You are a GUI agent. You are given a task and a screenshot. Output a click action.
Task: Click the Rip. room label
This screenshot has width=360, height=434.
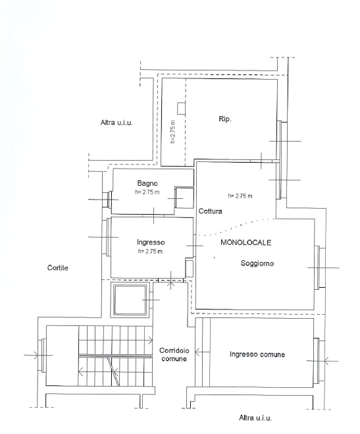click(x=225, y=119)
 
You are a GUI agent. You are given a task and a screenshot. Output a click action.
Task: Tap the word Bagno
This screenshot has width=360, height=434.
click(x=147, y=183)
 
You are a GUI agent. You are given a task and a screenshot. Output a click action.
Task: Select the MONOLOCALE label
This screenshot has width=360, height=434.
click(x=245, y=242)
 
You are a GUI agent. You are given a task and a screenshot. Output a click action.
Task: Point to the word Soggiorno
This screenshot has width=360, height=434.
click(x=257, y=263)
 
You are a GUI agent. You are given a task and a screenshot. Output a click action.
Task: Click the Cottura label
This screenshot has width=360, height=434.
click(x=210, y=211)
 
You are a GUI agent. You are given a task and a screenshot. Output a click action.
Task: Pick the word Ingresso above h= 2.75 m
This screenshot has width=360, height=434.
click(x=151, y=242)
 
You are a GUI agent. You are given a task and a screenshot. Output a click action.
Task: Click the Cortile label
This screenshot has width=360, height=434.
click(x=57, y=268)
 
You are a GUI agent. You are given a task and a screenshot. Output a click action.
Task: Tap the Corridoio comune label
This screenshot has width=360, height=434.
click(x=174, y=354)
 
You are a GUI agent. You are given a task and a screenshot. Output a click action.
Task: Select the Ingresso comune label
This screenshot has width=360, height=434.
click(x=257, y=354)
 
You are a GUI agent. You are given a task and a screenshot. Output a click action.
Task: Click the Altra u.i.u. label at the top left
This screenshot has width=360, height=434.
click(x=116, y=122)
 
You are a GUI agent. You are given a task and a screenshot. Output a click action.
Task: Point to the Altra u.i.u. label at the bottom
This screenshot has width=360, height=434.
click(x=255, y=418)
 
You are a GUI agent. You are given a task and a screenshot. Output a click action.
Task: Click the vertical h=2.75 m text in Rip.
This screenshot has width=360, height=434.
click(x=173, y=132)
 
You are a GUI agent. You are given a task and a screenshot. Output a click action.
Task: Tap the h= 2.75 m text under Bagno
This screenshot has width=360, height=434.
click(x=147, y=192)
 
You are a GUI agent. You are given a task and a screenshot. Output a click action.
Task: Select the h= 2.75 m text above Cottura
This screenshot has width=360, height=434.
click(x=240, y=196)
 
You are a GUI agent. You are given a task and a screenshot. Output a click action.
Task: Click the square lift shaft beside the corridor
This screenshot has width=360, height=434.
click(x=130, y=300)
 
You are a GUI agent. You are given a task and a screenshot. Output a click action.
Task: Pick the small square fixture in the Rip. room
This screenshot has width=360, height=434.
click(x=181, y=108)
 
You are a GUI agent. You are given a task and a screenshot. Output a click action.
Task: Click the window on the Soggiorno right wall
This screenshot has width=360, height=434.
click(x=320, y=267)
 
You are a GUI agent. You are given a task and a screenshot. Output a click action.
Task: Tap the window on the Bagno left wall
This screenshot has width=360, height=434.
click(x=107, y=199)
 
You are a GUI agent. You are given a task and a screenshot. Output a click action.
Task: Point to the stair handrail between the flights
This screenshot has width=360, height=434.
click(x=116, y=356)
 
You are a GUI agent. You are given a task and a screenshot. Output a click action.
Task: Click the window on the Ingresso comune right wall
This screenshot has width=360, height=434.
click(x=319, y=361)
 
